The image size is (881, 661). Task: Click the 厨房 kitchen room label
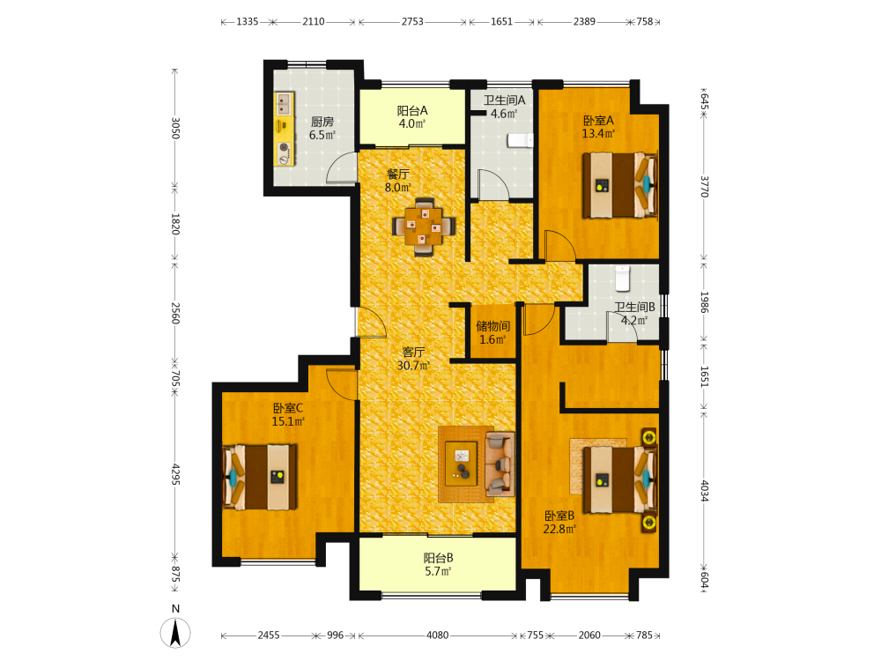[322, 122]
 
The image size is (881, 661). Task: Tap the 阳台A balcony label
[412, 111]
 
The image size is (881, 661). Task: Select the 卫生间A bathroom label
[504, 100]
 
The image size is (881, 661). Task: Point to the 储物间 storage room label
[492, 326]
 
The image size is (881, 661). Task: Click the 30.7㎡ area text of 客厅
[413, 366]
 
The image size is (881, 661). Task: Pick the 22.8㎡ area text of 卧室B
[559, 528]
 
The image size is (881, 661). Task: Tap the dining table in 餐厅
[425, 227]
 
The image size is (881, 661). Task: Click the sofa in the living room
[500, 464]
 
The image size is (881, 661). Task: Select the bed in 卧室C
[260, 477]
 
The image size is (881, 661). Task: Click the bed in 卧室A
[619, 185]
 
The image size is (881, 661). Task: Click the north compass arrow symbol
[175, 632]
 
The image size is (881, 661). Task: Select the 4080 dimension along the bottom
[437, 635]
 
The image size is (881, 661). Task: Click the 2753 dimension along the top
[412, 21]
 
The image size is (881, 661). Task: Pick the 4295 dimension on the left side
[175, 474]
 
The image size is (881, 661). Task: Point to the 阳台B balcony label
[438, 558]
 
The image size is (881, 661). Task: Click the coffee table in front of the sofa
[462, 464]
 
